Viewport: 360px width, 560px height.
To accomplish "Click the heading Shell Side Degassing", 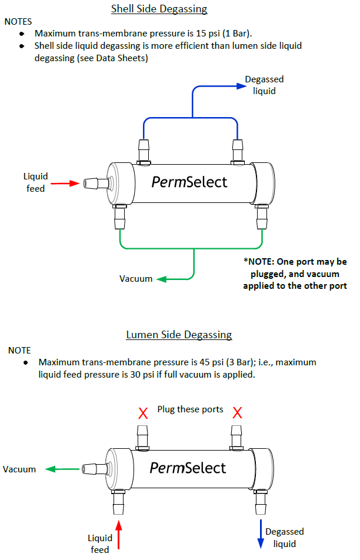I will click(159, 9).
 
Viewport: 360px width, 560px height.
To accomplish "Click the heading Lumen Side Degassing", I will click(179, 335).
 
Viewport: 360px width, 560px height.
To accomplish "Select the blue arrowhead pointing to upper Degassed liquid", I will click(241, 85).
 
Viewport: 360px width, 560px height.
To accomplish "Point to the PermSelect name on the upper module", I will click(189, 182).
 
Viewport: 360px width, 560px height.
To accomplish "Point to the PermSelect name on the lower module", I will click(188, 468).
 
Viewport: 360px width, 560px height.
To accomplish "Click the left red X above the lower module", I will click(142, 413).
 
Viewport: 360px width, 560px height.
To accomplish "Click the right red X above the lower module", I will click(238, 413).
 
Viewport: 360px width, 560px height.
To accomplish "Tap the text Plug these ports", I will click(190, 409).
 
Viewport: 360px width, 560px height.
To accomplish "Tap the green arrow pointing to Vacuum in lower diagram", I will click(62, 469).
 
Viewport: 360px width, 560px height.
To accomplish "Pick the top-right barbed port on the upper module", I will click(238, 151).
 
